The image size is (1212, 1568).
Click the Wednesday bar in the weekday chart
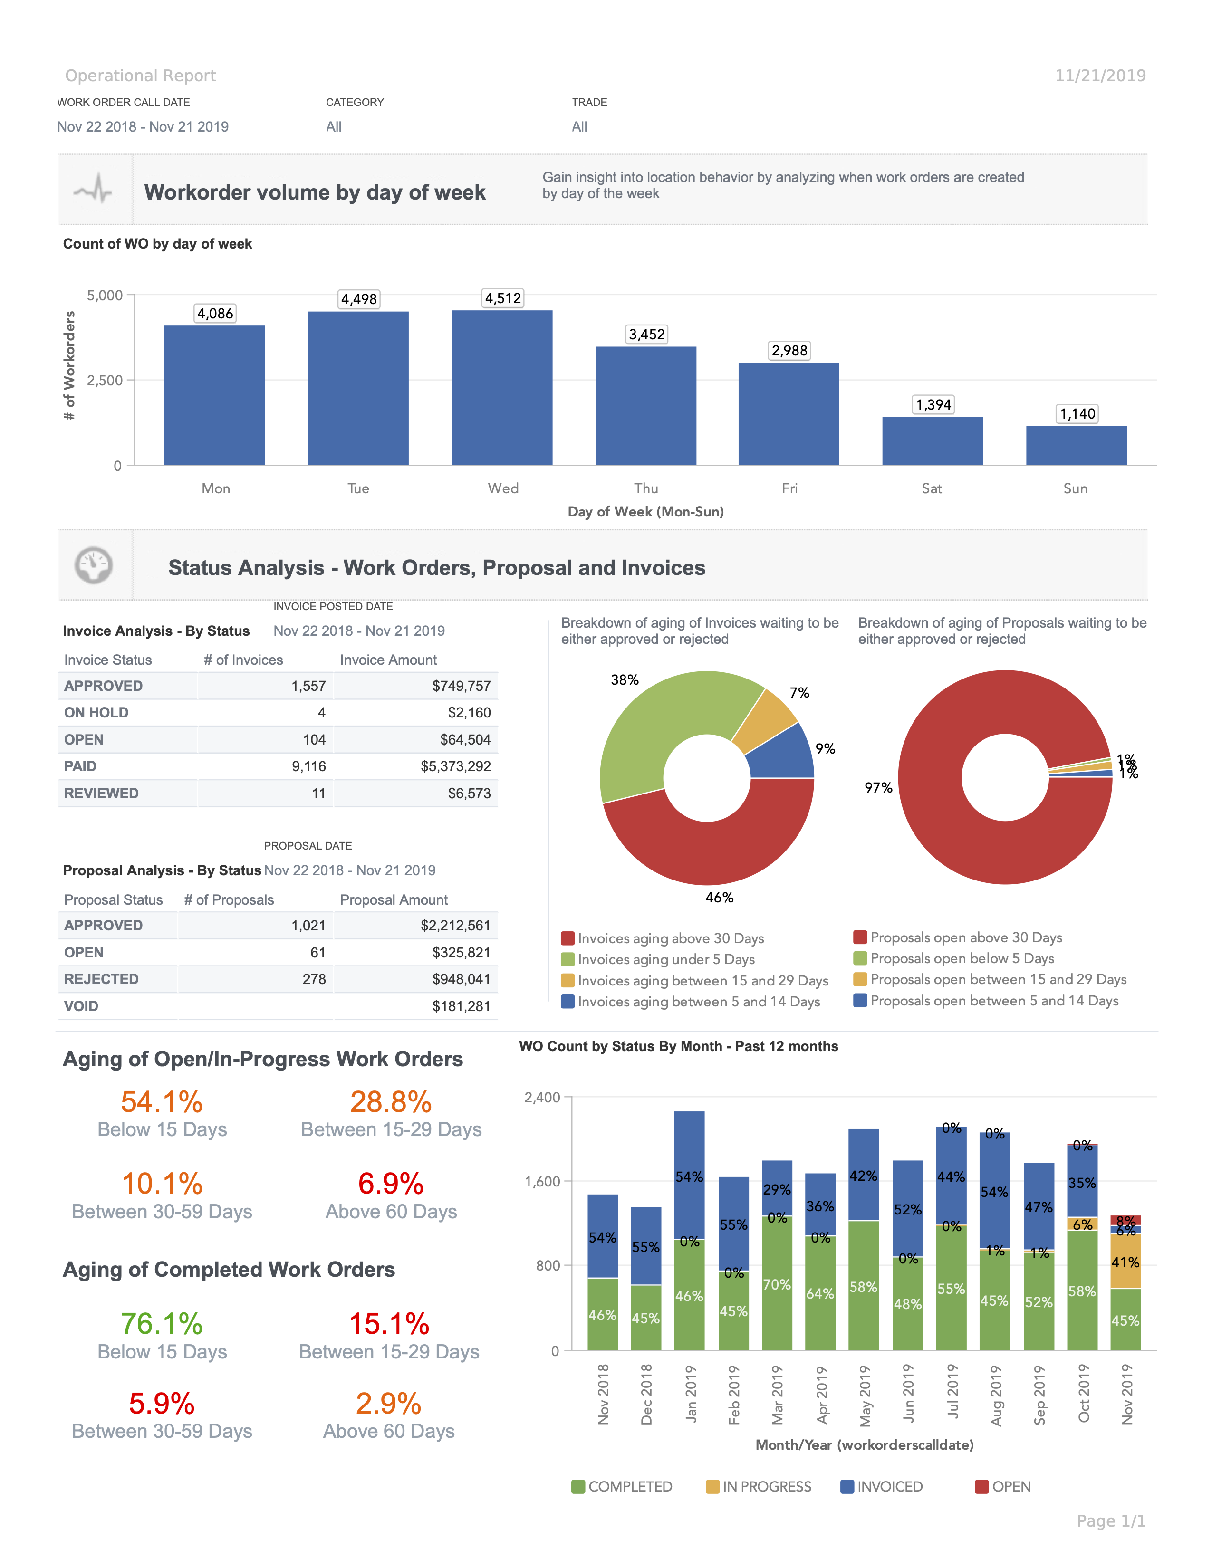click(502, 388)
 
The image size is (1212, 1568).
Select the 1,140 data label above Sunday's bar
click(1077, 413)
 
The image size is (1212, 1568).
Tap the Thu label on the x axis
click(645, 488)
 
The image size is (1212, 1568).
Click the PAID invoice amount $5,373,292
click(455, 766)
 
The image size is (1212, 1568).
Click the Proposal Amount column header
click(394, 899)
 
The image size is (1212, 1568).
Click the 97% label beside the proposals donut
click(878, 788)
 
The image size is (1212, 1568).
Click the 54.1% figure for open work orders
click(162, 1102)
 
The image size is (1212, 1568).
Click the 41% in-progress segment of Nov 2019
click(1125, 1262)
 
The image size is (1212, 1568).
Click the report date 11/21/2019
click(1100, 76)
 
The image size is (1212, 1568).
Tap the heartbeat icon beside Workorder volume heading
click(93, 190)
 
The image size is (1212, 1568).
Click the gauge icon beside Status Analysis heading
click(93, 565)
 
